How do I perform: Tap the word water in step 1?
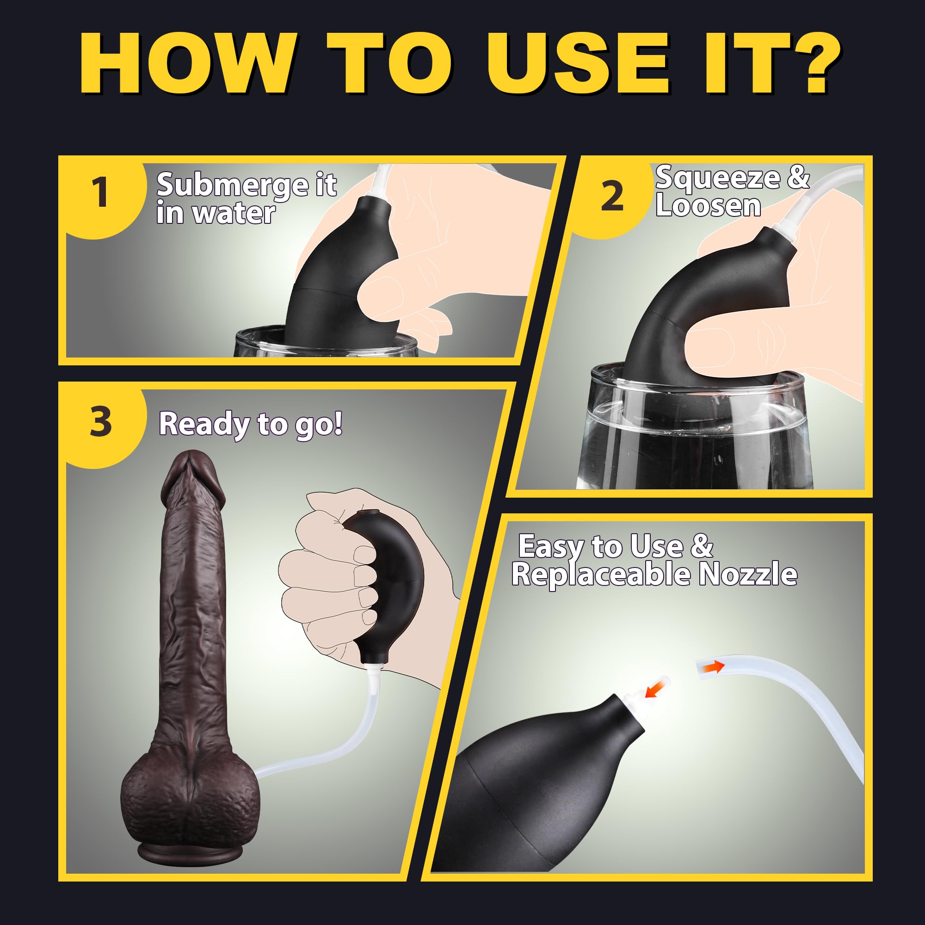tap(234, 213)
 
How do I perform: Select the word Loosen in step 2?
tap(708, 205)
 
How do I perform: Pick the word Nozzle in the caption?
tap(748, 574)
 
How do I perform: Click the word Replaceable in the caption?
tap(601, 574)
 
